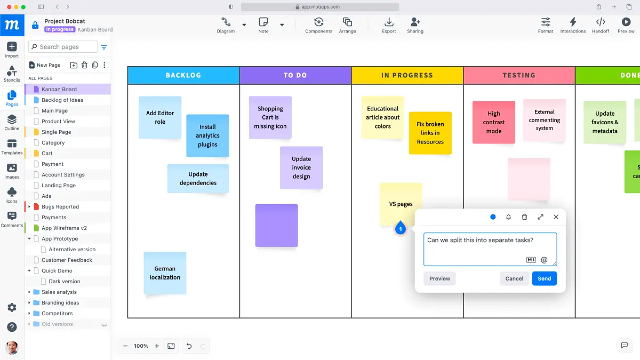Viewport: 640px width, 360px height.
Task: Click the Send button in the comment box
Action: click(545, 278)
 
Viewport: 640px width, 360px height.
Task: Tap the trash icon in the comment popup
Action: click(524, 217)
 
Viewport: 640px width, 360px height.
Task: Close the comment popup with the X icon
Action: click(556, 217)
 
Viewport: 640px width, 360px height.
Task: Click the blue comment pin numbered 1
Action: click(401, 228)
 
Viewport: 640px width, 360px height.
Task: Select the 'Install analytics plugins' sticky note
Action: click(207, 135)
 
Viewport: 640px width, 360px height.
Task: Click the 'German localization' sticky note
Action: click(165, 273)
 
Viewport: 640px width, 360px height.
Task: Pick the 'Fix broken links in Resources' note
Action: click(430, 133)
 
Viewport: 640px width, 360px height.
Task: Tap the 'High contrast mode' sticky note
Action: click(494, 122)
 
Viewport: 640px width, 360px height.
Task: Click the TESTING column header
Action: click(519, 75)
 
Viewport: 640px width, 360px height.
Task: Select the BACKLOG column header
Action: click(183, 75)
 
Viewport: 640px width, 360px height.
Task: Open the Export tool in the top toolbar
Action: click(389, 25)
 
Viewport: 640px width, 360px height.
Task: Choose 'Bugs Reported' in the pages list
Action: click(60, 206)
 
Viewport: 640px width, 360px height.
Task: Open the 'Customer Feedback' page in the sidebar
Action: click(67, 260)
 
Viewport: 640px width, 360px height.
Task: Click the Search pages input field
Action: click(63, 46)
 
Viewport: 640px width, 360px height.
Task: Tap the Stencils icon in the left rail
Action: click(12, 74)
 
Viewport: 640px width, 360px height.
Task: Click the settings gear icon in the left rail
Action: click(12, 307)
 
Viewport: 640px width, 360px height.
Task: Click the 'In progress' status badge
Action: click(60, 29)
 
